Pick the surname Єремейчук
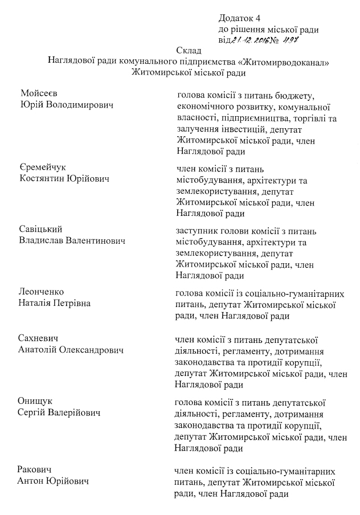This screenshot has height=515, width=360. click(43, 167)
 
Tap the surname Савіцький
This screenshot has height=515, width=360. click(41, 230)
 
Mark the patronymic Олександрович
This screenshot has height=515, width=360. click(94, 350)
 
